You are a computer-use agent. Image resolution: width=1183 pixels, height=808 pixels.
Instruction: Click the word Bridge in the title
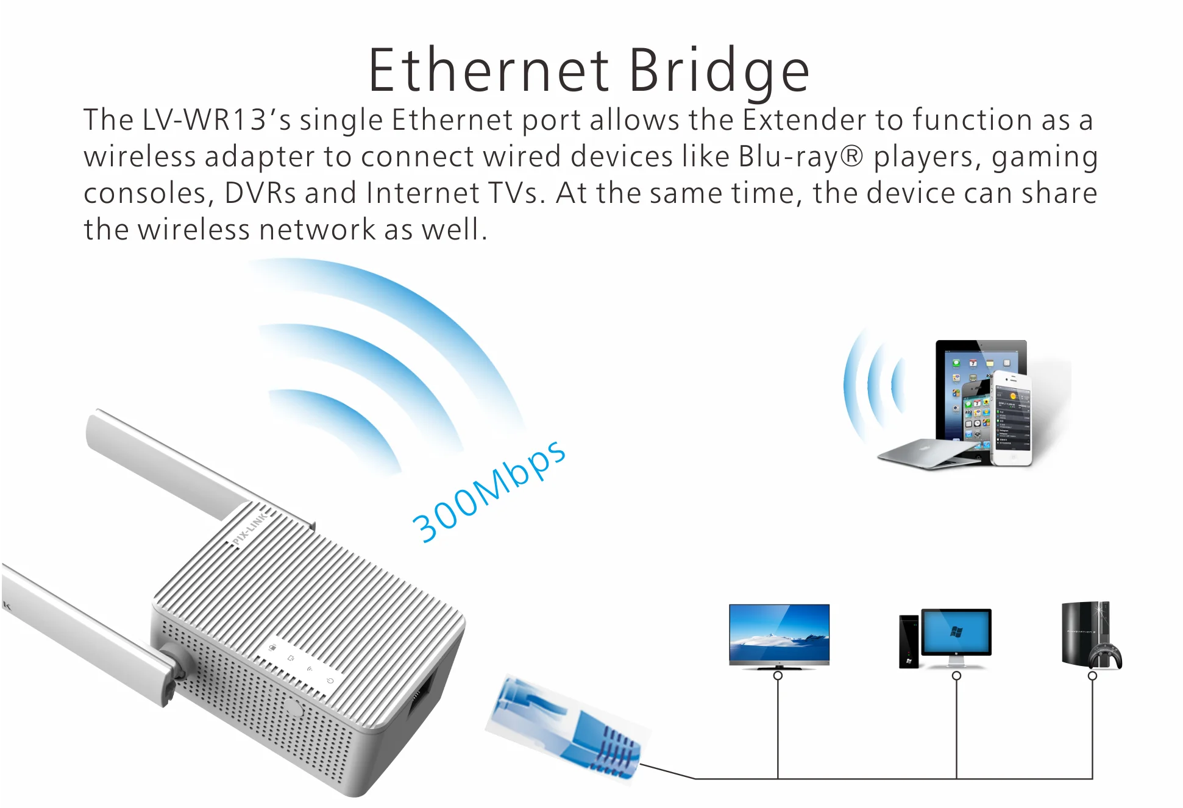[719, 71]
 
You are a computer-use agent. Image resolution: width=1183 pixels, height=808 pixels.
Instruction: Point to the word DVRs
[260, 193]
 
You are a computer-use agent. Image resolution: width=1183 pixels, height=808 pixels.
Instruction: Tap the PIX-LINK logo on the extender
[249, 529]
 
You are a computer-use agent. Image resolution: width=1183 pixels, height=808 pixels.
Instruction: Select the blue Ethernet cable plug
[567, 728]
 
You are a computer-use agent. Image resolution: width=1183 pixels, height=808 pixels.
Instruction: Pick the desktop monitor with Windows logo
[956, 633]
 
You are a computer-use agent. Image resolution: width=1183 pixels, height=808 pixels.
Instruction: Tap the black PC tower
[908, 641]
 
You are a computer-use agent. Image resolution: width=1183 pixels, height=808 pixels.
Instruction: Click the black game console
[1082, 631]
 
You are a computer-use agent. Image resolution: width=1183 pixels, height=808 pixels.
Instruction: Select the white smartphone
[1012, 419]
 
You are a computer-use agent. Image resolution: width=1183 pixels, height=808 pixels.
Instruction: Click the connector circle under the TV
[778, 676]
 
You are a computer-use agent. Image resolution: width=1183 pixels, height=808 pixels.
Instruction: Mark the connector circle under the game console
[1092, 676]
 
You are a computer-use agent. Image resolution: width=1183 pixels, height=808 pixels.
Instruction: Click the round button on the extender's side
[294, 709]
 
